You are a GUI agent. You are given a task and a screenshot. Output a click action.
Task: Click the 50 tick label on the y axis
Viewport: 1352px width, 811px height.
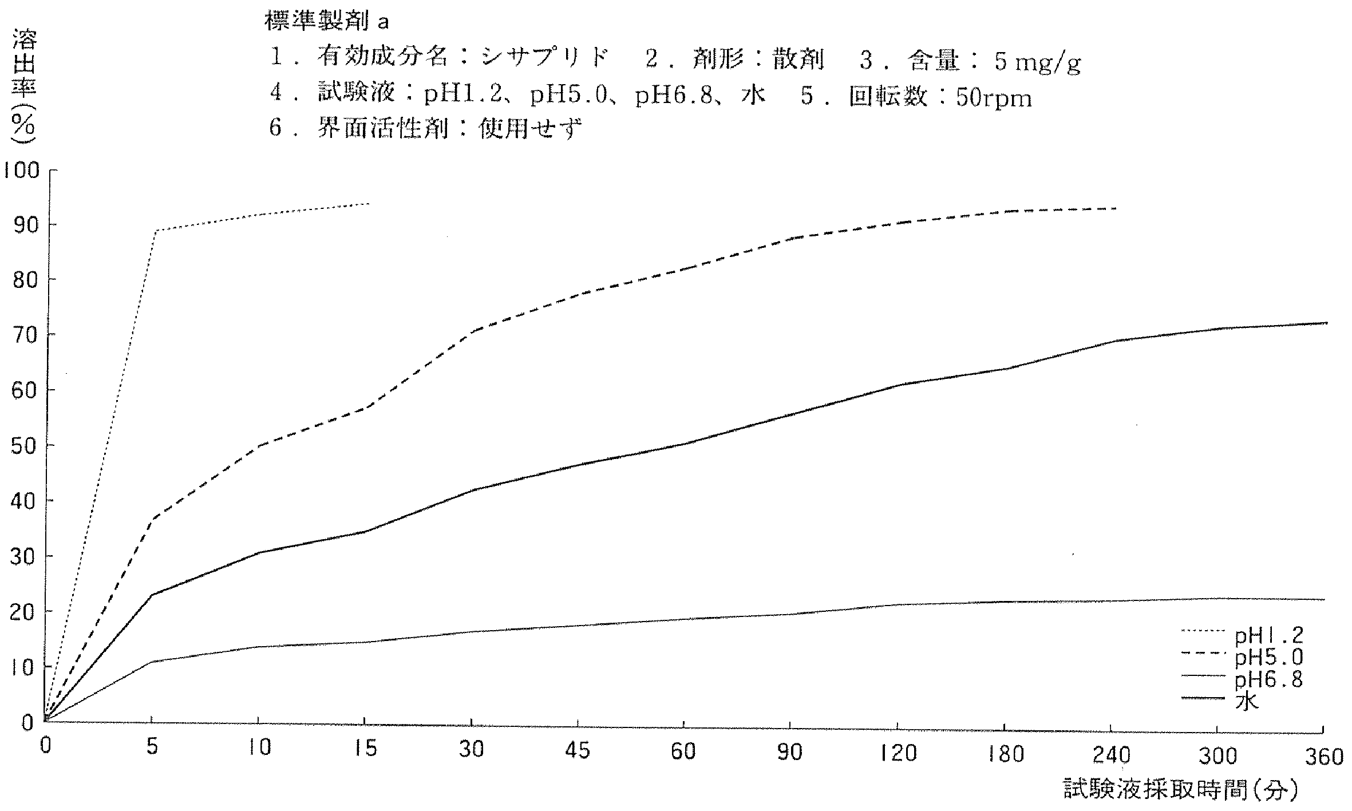(23, 446)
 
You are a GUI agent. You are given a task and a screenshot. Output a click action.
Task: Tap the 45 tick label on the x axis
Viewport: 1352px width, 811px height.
(577, 750)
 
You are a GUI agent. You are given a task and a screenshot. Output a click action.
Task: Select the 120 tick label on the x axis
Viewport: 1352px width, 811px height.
(898, 753)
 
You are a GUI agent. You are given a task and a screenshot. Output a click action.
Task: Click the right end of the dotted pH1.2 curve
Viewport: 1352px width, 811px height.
(370, 203)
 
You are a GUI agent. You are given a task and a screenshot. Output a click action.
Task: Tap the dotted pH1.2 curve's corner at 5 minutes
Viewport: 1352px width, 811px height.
(154, 231)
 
